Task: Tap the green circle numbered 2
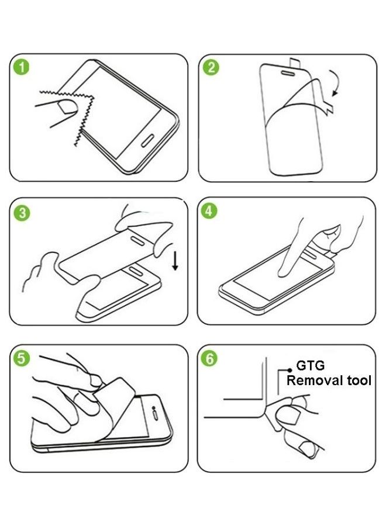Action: click(x=211, y=67)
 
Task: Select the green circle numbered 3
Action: click(x=22, y=213)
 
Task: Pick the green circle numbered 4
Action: click(x=209, y=211)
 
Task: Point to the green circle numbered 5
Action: click(x=21, y=358)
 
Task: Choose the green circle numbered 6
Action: click(x=209, y=358)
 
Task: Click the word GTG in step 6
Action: click(x=310, y=365)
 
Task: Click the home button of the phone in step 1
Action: click(x=147, y=140)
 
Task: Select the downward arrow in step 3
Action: click(x=175, y=262)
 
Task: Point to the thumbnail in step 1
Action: click(x=67, y=107)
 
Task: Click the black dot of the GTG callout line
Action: click(x=289, y=370)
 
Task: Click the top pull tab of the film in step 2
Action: click(x=294, y=61)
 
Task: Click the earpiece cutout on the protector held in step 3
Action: click(x=137, y=240)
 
